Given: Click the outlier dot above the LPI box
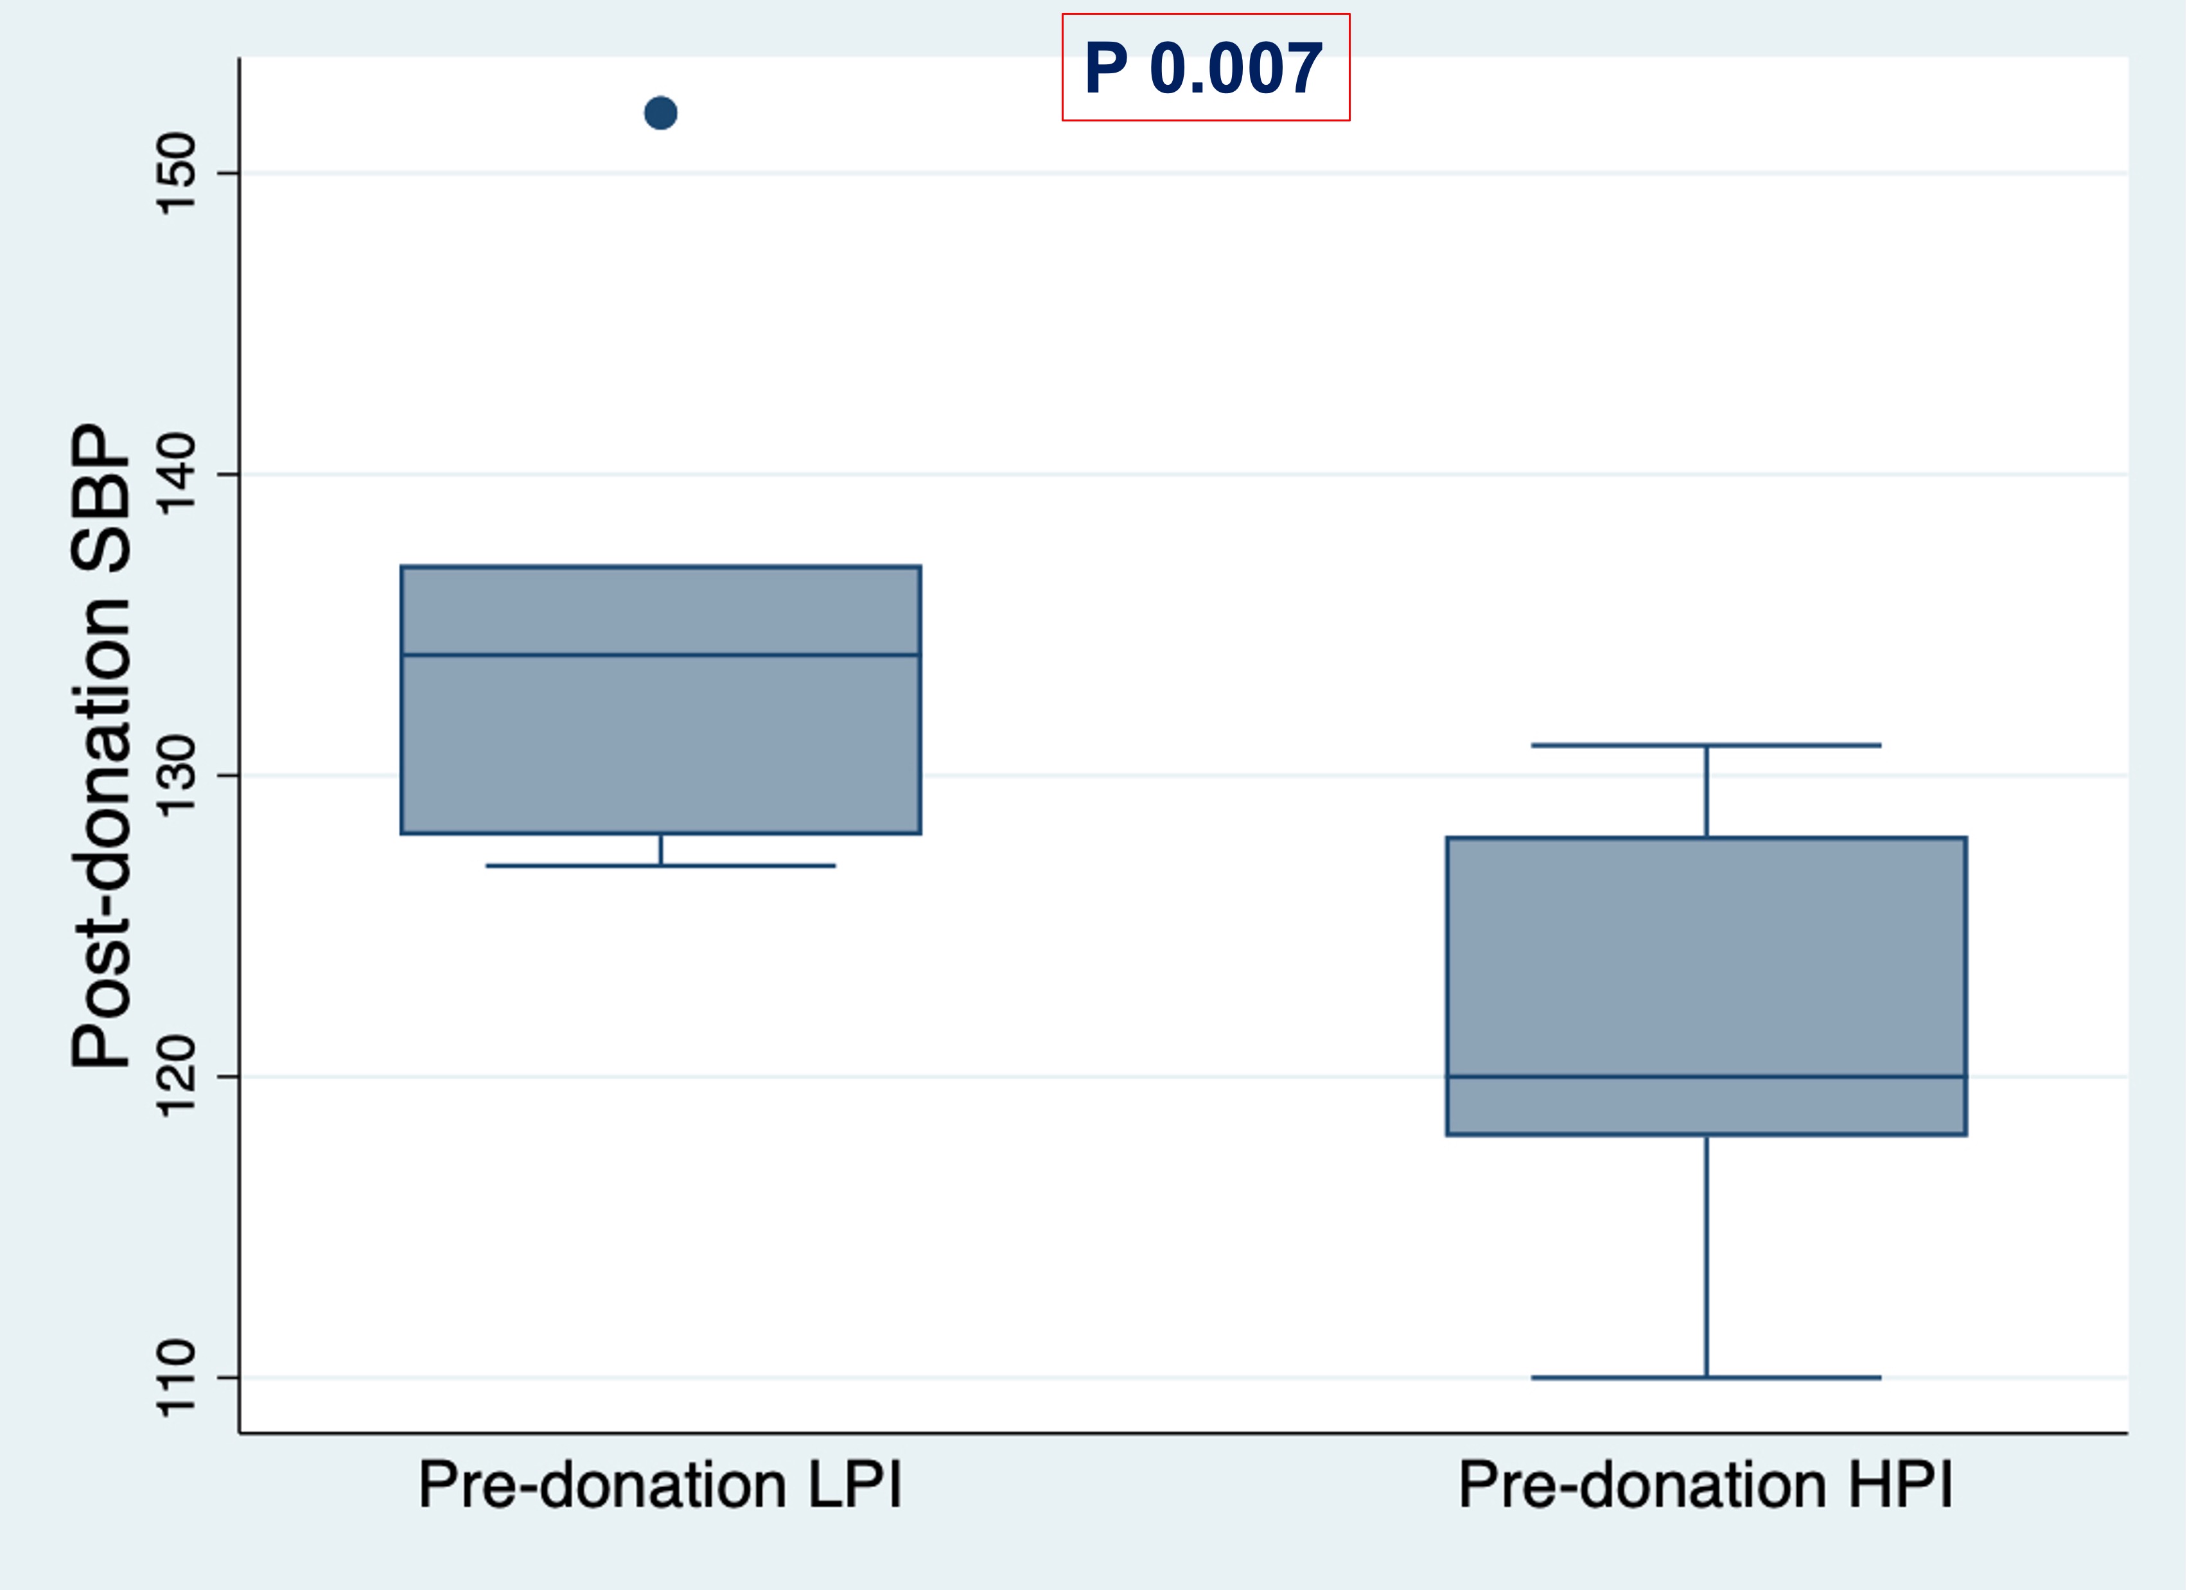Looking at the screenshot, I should [660, 114].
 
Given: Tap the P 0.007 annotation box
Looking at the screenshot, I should [1206, 67].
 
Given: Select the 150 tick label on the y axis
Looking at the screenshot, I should [177, 173].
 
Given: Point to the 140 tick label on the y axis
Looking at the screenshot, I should [177, 474].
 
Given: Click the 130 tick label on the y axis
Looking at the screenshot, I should [177, 775].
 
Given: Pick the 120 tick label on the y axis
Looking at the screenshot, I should [177, 1077].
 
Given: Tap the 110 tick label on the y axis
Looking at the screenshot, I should [177, 1378].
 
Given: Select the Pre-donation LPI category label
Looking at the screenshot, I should [660, 1486].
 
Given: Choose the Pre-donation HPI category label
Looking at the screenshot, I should [1706, 1486].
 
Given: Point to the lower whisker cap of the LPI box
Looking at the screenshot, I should [660, 866].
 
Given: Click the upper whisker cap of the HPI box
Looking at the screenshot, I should [1706, 745].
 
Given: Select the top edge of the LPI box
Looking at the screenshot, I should [660, 567].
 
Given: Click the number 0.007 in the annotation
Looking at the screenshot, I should [1236, 69].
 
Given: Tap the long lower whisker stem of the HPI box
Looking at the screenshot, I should [1706, 1253].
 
